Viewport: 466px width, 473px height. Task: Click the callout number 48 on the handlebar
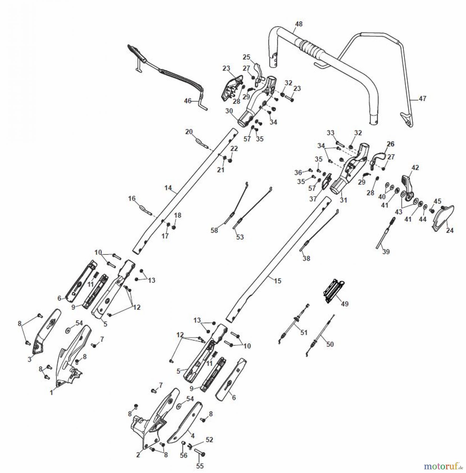click(299, 24)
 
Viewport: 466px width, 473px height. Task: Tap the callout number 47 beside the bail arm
click(422, 99)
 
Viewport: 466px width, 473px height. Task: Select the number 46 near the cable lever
click(188, 101)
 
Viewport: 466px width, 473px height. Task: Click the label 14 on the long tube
click(168, 188)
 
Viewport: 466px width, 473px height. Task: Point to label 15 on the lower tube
click(277, 281)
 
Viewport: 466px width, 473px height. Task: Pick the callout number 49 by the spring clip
click(345, 304)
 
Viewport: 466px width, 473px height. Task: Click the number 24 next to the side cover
click(450, 230)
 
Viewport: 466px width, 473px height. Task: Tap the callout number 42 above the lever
click(415, 168)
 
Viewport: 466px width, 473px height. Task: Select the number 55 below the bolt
click(200, 466)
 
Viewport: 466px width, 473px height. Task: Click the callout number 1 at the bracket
click(52, 393)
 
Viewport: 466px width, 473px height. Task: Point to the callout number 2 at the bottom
click(138, 455)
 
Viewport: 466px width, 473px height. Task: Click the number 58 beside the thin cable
click(214, 230)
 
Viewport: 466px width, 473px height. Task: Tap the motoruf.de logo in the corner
click(443, 466)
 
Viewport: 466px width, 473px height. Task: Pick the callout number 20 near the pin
click(189, 132)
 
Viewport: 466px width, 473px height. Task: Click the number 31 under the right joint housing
click(343, 200)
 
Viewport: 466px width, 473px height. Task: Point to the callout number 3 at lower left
click(29, 359)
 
